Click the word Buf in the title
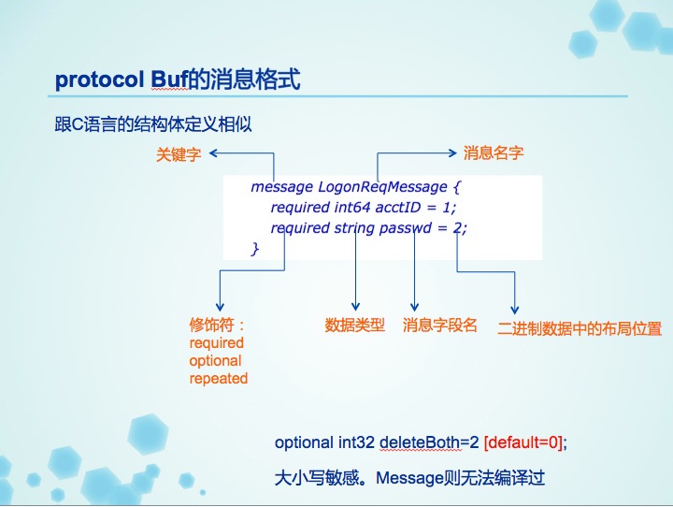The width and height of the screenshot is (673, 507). pyautogui.click(x=169, y=80)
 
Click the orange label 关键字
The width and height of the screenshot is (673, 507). pyautogui.click(x=179, y=154)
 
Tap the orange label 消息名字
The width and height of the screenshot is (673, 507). pyautogui.click(x=494, y=152)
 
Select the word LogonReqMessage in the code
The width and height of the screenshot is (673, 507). pyautogui.click(x=382, y=187)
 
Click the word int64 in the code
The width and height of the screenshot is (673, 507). pyautogui.click(x=352, y=208)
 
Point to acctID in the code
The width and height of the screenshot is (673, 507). pyautogui.click(x=398, y=208)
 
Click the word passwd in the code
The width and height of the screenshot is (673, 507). pyautogui.click(x=405, y=227)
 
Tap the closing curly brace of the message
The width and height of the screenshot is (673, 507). pyautogui.click(x=255, y=248)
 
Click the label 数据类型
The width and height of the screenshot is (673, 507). pyautogui.click(x=354, y=325)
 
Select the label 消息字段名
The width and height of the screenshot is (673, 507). pyautogui.click(x=440, y=325)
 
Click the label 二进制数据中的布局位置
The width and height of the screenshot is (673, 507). pyautogui.click(x=580, y=328)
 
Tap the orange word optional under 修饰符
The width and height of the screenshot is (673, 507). pyautogui.click(x=215, y=361)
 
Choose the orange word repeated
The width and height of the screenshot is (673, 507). pyautogui.click(x=219, y=379)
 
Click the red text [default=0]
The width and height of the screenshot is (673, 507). pyautogui.click(x=523, y=442)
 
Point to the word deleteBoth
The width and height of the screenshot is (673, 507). pyautogui.click(x=421, y=442)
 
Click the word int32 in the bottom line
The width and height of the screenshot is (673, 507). pyautogui.click(x=356, y=442)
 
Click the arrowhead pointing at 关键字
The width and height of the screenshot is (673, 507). pyautogui.click(x=213, y=153)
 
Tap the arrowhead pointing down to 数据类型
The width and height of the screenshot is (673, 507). pyautogui.click(x=355, y=306)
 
